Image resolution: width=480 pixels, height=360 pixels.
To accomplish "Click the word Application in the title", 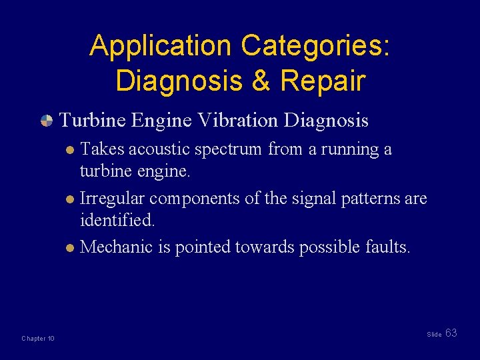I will point(161,46).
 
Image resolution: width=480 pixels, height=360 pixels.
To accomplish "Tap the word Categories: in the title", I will point(316,46).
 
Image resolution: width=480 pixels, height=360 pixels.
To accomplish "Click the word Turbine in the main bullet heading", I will point(93,120).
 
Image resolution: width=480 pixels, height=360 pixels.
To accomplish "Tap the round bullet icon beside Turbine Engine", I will point(46,121).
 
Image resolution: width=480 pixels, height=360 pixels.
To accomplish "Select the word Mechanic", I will point(116,247).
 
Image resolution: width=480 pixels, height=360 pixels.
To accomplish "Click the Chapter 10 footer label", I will point(38,339).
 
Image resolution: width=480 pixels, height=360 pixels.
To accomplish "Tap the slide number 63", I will point(451,333).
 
